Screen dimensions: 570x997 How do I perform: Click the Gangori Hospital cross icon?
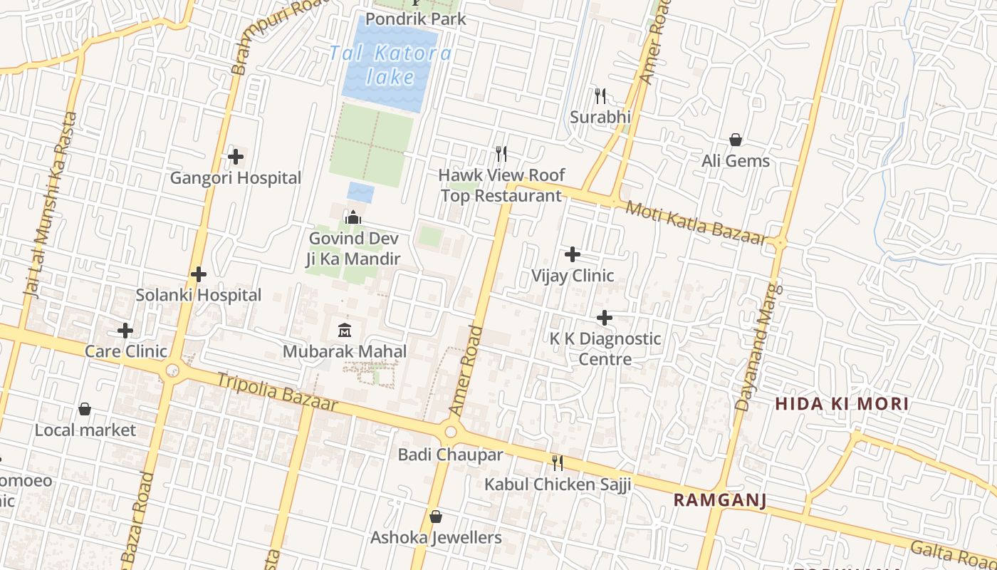coord(236,157)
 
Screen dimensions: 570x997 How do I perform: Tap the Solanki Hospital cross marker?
coord(199,274)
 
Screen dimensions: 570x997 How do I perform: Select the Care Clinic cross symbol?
coord(125,331)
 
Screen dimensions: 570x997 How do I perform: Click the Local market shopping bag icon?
coord(85,409)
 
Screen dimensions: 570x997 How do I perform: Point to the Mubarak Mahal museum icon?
coord(345,330)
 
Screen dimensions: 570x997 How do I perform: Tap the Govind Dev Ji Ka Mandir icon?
coord(353,217)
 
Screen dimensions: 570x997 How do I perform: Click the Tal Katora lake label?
coord(390,64)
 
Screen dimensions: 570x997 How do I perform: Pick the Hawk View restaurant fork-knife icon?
coord(501,154)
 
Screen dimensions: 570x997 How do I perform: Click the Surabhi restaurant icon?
coord(600,95)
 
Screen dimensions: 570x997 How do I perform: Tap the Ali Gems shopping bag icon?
coord(736,140)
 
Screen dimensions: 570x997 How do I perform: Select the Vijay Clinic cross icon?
coord(573,254)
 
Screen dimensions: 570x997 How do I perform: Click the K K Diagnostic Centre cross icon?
coord(605,317)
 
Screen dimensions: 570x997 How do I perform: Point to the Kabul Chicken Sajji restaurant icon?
coord(558,463)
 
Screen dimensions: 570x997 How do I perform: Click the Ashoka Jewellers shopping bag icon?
coord(436,517)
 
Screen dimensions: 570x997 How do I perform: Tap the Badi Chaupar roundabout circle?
coord(450,432)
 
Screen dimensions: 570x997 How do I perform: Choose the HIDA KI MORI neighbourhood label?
coord(842,404)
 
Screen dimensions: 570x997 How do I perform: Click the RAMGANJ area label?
coord(720,500)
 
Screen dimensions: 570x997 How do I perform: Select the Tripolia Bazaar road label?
coord(276,391)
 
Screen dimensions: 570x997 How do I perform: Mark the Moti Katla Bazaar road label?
coord(694,223)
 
